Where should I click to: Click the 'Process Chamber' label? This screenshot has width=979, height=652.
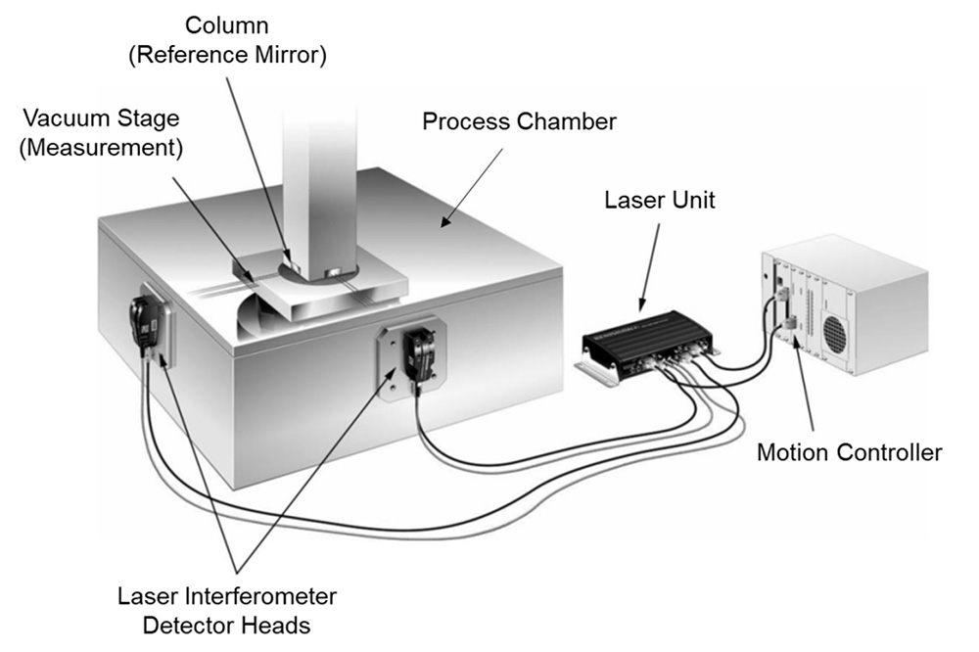pos(519,122)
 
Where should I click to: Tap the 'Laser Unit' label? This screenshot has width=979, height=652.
pos(660,202)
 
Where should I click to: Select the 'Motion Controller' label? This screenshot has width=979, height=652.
pos(849,452)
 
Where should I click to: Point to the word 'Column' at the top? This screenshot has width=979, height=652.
pos(227,23)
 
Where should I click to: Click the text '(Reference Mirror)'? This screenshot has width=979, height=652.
pos(227,55)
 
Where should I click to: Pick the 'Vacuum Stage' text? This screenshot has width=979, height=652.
pos(103,118)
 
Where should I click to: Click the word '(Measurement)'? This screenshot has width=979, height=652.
pos(103,150)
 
